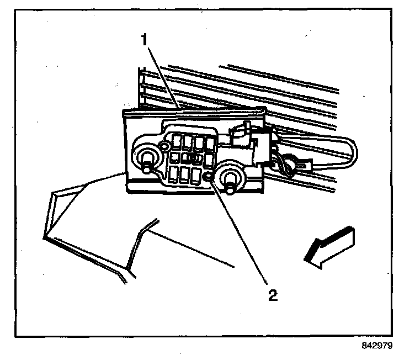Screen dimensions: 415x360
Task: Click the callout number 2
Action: click(271, 294)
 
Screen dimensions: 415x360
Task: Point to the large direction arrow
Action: click(328, 246)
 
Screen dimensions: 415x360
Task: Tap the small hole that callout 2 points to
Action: click(208, 177)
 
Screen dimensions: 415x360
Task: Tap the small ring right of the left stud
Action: click(164, 147)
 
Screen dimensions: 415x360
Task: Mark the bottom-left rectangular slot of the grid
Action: click(174, 176)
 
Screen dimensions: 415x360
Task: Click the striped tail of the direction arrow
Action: click(345, 237)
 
